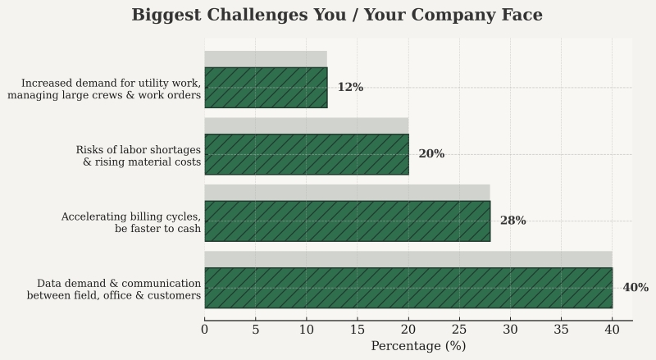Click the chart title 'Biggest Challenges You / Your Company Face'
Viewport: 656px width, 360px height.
(x=337, y=16)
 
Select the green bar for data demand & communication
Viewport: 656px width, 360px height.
(x=408, y=288)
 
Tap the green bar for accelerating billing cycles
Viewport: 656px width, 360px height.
(x=347, y=221)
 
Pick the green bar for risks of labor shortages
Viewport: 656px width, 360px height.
(x=307, y=154)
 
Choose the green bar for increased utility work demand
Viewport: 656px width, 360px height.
(x=266, y=88)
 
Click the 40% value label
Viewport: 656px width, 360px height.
(x=635, y=288)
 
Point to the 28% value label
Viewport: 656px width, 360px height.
(x=513, y=221)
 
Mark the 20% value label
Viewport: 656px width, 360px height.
(x=431, y=154)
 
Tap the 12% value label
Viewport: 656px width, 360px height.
(x=350, y=88)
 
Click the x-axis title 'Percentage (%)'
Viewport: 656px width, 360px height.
(x=418, y=346)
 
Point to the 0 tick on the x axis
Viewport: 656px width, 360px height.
(x=205, y=330)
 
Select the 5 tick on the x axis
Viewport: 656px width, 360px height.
(x=256, y=330)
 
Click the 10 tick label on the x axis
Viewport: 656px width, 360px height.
(x=307, y=330)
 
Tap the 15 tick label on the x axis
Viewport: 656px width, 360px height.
(x=358, y=330)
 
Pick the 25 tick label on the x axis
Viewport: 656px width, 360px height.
(x=459, y=330)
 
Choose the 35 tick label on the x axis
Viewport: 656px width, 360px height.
(x=561, y=330)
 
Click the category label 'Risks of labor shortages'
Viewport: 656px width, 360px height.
(x=139, y=156)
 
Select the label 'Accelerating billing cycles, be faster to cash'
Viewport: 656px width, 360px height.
(x=131, y=222)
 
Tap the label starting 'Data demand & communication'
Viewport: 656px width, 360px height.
(x=114, y=289)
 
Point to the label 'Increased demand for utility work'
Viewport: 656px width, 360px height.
(x=104, y=89)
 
